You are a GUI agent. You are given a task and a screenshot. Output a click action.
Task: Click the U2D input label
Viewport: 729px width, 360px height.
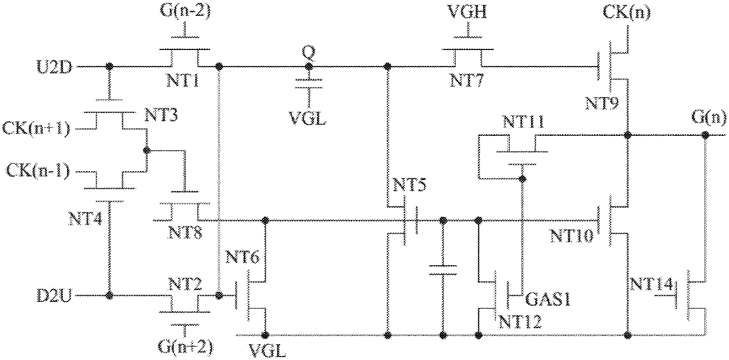pos(54,67)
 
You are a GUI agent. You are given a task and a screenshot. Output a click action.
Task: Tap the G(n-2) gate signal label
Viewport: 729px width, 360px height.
pos(185,11)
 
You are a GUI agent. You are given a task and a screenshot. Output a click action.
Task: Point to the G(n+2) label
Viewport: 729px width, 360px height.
pos(185,347)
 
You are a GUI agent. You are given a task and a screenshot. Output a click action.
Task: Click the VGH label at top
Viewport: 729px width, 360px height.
pos(467,11)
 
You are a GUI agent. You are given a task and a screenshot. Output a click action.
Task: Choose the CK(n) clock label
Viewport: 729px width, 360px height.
pos(627,12)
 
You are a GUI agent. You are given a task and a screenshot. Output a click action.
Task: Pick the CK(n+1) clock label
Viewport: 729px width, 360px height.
pos(36,129)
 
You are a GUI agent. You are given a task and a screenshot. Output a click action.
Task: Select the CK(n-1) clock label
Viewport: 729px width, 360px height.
pos(38,171)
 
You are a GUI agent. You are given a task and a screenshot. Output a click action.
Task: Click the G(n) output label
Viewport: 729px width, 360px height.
pos(709,116)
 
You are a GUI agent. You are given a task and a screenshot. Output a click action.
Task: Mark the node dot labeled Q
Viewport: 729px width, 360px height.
pos(309,67)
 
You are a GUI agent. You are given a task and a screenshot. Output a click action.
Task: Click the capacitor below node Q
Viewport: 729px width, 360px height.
pos(309,84)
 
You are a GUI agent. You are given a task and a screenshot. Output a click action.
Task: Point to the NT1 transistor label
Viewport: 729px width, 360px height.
pos(183,80)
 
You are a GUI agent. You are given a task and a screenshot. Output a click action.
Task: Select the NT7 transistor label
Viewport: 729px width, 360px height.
pos(467,80)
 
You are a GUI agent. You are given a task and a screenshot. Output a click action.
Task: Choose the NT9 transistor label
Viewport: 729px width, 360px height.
pos(602,104)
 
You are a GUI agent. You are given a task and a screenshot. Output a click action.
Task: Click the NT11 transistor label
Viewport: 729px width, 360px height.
pos(523,122)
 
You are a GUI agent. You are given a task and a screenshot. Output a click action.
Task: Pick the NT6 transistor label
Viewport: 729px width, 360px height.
pos(242,257)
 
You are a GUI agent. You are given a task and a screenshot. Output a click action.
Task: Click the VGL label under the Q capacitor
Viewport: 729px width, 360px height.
pos(307,118)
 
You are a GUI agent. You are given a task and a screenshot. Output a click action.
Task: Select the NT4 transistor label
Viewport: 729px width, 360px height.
pos(85,218)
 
